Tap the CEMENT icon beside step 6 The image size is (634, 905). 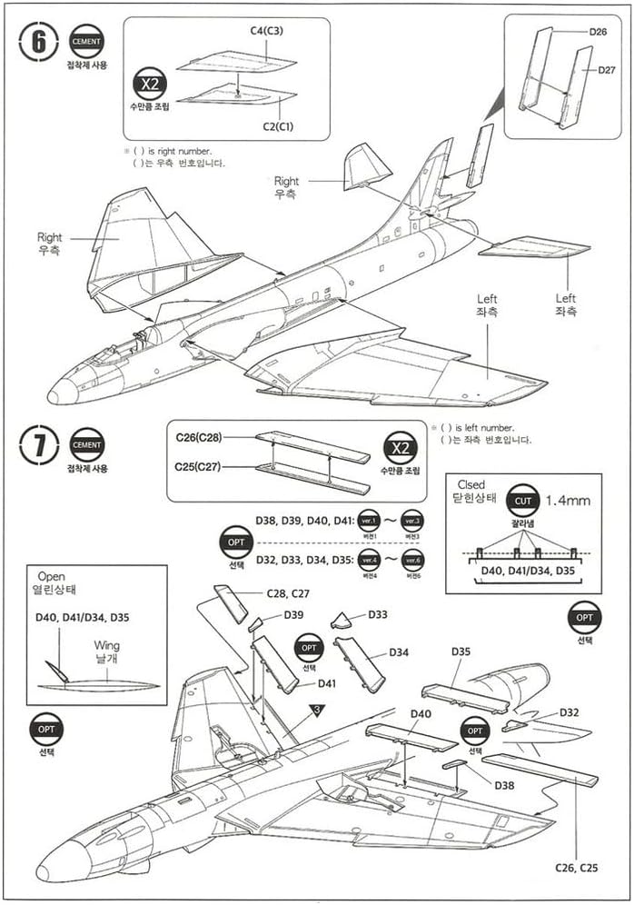tap(86, 41)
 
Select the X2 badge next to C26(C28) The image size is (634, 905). tap(400, 449)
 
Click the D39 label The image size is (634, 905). tap(293, 615)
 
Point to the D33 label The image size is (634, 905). tap(379, 615)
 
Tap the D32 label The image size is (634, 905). tap(570, 712)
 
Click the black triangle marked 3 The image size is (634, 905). tap(317, 711)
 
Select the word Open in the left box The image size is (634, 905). tap(52, 577)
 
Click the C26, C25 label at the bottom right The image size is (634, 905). tap(576, 868)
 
